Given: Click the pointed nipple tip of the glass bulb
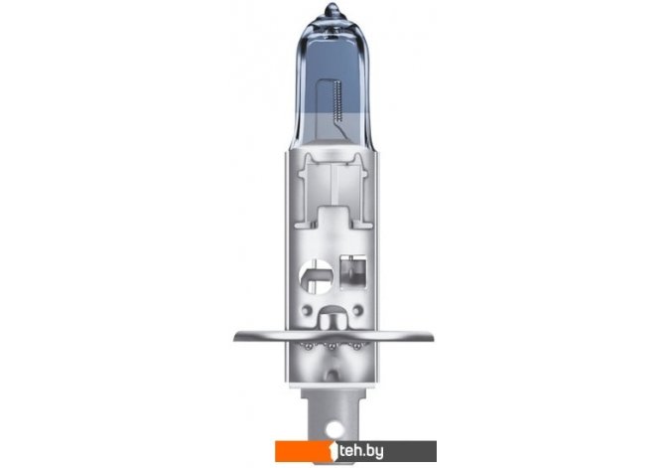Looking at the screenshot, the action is (332, 6).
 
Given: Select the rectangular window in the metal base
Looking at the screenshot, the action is (353, 273).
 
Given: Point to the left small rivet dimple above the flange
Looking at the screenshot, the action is (307, 310).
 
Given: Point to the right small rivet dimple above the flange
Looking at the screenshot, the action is (358, 310).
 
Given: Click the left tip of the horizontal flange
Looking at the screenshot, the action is (234, 338).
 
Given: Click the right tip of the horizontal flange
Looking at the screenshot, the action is (434, 338).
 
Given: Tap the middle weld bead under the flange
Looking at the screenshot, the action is (332, 347).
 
